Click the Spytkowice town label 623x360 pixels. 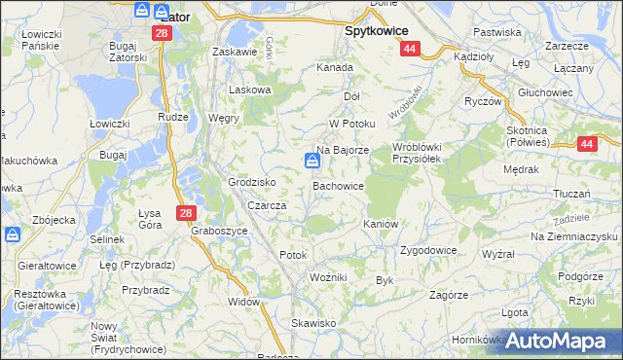tap(377, 30)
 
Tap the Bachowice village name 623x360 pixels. tap(338, 185)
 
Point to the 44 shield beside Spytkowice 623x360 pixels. tap(411, 48)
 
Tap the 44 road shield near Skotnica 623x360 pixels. tap(587, 144)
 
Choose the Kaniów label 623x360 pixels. tap(382, 224)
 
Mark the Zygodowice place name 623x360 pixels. tap(428, 250)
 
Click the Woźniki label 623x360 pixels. tap(328, 277)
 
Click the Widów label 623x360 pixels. tap(245, 301)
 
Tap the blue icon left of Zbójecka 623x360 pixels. tap(13, 234)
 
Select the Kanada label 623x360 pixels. tap(334, 68)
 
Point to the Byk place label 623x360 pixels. tap(384, 280)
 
